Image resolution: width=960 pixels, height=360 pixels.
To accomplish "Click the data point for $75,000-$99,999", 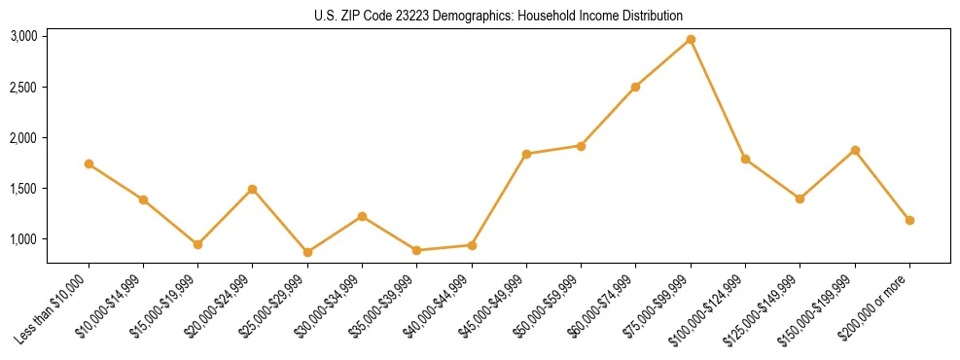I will coord(691,39).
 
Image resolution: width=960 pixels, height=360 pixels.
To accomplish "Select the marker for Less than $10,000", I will coord(89,163).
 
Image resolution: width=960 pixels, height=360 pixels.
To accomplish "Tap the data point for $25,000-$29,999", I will coord(307,252).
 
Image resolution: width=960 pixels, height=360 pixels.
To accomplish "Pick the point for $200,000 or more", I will coord(909,220).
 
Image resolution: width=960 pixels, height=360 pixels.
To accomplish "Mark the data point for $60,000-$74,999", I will coord(635,87).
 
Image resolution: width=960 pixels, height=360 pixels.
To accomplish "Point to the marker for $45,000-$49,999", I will coord(526,154).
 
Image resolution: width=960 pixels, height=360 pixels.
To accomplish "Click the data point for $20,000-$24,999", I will coord(253,189).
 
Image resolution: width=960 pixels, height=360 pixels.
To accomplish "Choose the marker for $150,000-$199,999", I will coord(855,150).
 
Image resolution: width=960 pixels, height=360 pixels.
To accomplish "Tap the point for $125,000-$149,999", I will coord(800,198).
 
